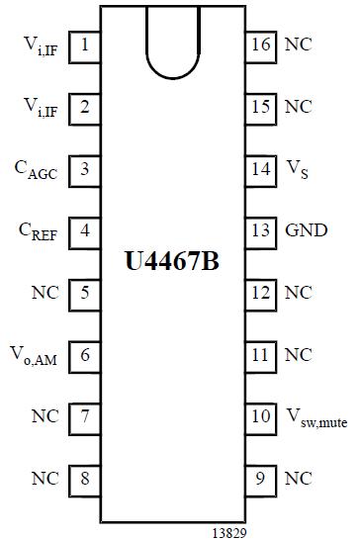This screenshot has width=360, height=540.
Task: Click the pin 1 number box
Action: [86, 45]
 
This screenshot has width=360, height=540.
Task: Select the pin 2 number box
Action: [86, 107]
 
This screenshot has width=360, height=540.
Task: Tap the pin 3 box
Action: [86, 168]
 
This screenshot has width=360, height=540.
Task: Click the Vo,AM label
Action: [39, 355]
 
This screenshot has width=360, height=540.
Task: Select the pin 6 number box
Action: [86, 354]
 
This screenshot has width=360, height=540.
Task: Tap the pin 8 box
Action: [86, 479]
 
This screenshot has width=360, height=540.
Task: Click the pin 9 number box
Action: [261, 479]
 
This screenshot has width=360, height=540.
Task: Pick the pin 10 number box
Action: [261, 416]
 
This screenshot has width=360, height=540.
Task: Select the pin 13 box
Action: [261, 230]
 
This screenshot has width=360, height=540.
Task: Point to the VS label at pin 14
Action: [296, 169]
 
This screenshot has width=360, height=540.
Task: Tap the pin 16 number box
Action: [261, 45]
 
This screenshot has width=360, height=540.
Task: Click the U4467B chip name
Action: [174, 264]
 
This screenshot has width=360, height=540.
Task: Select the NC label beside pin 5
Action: [45, 293]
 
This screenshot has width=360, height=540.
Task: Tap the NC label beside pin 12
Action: [298, 293]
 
